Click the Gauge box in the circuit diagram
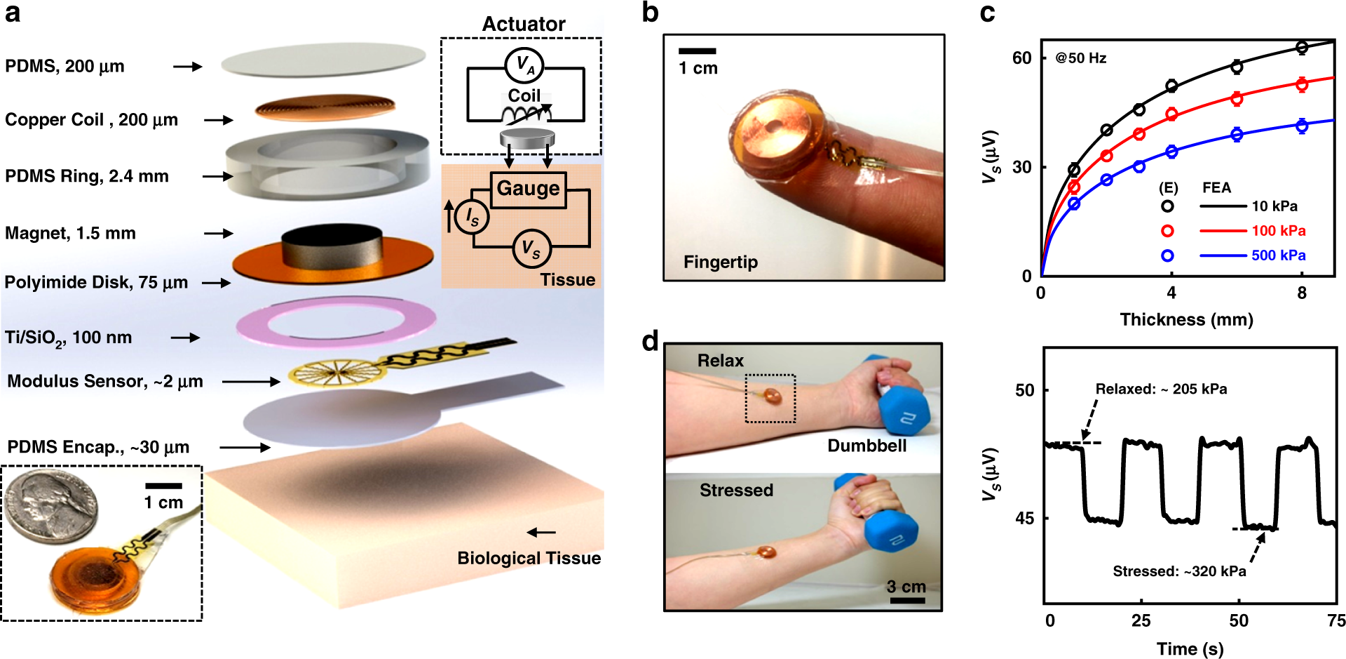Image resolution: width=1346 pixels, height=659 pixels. point(528,189)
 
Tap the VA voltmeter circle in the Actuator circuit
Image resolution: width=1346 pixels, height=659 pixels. point(524,65)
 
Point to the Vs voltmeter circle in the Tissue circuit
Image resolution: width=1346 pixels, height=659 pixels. point(531,249)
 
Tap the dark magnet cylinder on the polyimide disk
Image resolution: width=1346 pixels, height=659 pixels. point(332,247)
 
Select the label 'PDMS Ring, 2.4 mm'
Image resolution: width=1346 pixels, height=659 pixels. point(87,176)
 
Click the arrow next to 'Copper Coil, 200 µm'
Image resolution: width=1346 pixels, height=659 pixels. point(219,120)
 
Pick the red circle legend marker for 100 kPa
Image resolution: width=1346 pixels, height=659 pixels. point(1167,231)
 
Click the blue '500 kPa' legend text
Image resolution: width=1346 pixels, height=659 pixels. point(1279,255)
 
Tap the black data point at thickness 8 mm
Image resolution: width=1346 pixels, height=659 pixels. point(1302,48)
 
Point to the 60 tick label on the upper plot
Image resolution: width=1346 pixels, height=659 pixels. point(1022,58)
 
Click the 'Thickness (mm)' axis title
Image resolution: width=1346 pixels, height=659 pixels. point(1186,320)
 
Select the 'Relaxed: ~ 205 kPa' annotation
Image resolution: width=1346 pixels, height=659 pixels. point(1161,389)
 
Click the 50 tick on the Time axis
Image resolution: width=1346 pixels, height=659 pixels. point(1239,620)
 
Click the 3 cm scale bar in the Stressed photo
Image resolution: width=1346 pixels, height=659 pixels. point(907,600)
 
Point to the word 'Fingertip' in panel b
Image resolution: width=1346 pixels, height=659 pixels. point(721,262)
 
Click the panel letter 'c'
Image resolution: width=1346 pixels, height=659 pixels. point(987,13)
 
